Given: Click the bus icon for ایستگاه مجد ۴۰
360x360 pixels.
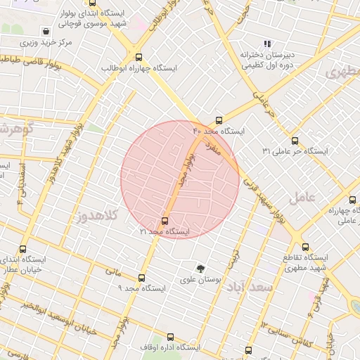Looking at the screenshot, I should coord(219,120).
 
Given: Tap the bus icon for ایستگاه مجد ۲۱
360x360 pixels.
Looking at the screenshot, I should coord(165,221).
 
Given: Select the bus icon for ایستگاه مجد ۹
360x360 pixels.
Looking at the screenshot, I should coord(141,278).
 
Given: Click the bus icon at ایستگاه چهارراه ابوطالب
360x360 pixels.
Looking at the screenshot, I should coord(138,58).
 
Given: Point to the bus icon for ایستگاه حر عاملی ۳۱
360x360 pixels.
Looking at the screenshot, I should coord(295,141).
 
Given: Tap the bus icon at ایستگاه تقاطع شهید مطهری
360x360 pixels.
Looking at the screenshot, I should coord(305,247).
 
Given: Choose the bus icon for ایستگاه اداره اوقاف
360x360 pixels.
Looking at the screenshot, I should coord(170,337).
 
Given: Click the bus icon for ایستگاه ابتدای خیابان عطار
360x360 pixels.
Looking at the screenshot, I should coord(23,249).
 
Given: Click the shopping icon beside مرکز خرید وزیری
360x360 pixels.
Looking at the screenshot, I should coord(46,32).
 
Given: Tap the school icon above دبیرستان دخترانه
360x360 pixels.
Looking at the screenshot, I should coord(266,44).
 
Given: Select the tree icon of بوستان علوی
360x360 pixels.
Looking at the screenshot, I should coord(200,269).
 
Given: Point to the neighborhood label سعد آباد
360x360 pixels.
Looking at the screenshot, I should coord(255,288).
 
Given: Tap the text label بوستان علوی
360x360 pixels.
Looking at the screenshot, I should coord(201,280).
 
